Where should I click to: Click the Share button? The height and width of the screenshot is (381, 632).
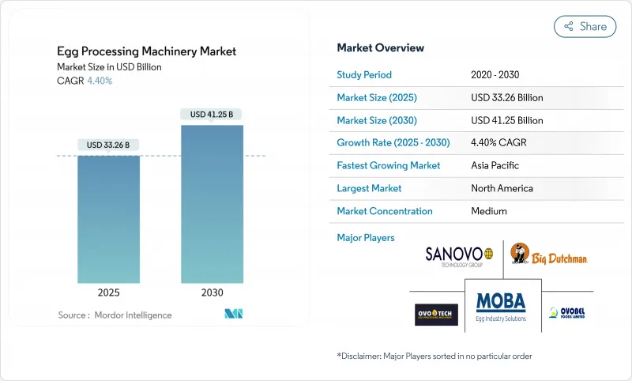(585, 26)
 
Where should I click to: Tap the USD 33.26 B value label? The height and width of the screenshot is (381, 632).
(109, 145)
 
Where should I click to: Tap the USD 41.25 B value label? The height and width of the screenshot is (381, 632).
(212, 115)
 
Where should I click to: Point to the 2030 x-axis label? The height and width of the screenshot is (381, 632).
(212, 292)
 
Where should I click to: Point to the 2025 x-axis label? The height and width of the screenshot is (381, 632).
(109, 292)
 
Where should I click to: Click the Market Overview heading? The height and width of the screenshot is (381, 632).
(380, 47)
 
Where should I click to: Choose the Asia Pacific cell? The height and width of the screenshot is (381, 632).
(495, 166)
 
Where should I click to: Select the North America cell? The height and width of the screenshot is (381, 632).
(501, 188)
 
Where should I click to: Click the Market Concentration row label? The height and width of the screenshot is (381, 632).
(385, 211)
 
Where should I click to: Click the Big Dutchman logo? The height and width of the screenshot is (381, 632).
(549, 255)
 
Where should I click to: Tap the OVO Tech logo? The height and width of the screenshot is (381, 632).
(436, 314)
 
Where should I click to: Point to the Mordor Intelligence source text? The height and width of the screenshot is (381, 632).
(115, 315)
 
